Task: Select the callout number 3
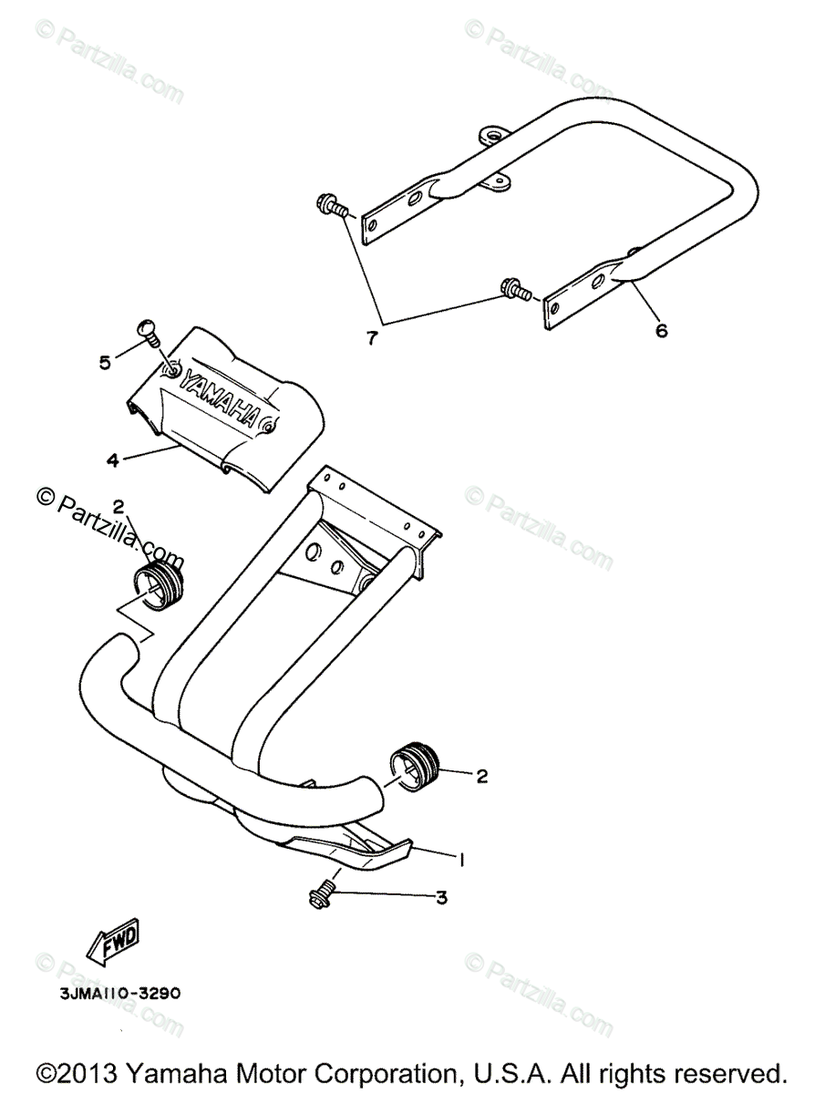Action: [x=441, y=898]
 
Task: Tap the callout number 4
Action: [x=112, y=460]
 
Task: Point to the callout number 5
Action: [x=105, y=363]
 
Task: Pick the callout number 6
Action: [x=661, y=330]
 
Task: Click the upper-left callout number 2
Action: [x=119, y=506]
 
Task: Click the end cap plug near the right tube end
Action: [x=415, y=764]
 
